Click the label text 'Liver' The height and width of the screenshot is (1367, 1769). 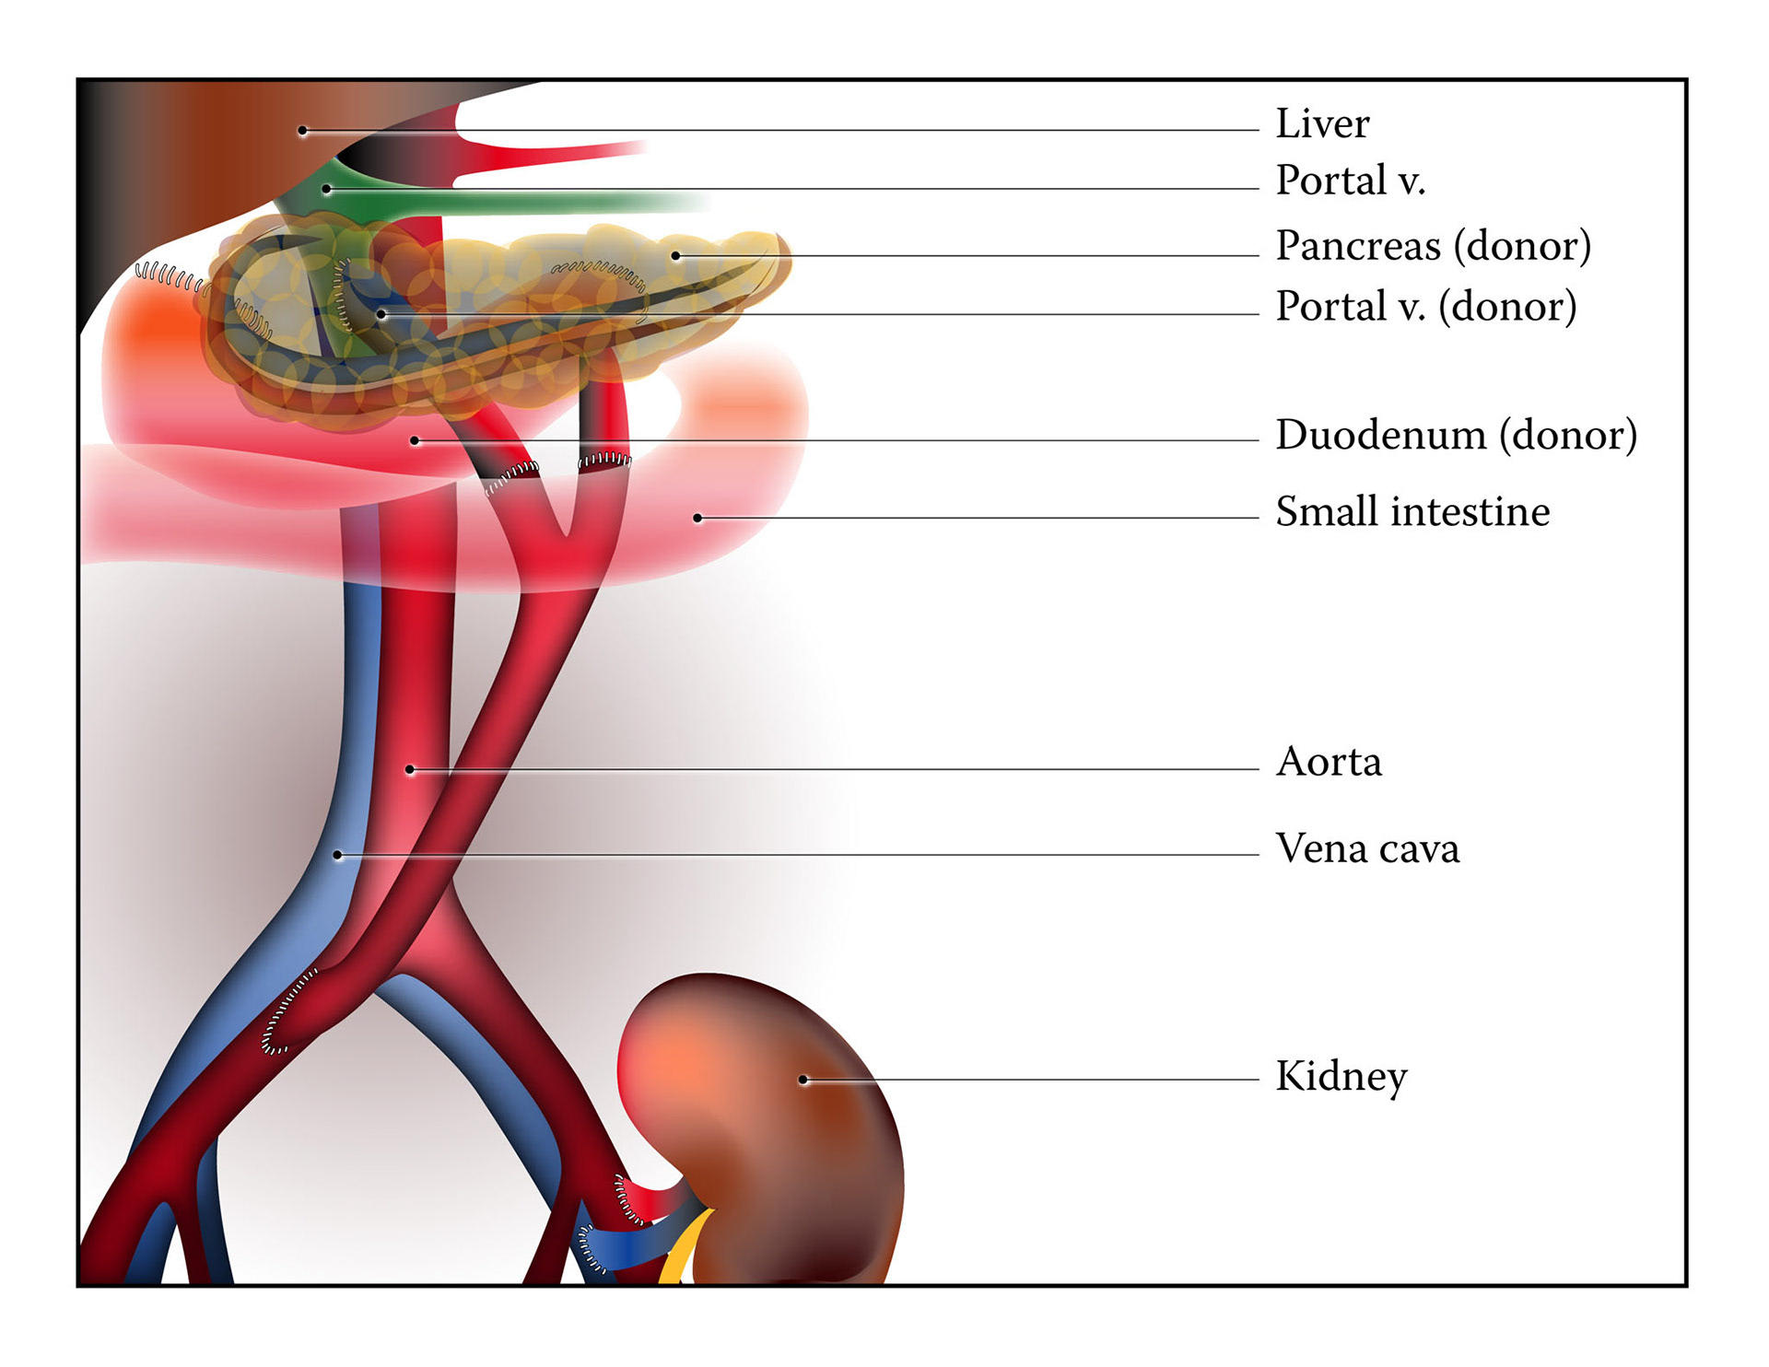click(x=1322, y=124)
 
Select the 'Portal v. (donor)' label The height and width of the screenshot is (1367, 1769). click(x=1425, y=307)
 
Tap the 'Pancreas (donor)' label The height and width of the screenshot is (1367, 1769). click(x=1433, y=246)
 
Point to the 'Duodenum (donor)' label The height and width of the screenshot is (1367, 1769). click(x=1456, y=435)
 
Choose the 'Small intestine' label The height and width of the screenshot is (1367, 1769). click(x=1412, y=512)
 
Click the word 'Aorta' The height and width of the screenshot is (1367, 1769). click(x=1329, y=763)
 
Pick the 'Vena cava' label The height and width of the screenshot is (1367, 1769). click(x=1367, y=848)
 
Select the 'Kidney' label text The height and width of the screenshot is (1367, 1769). click(x=1341, y=1076)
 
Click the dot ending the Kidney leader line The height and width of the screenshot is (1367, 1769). click(x=803, y=1080)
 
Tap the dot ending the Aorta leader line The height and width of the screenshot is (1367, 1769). click(x=410, y=769)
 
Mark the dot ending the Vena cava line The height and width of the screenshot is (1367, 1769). click(x=338, y=855)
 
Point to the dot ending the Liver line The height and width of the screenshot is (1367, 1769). click(x=302, y=131)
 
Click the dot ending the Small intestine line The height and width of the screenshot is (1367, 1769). click(x=697, y=518)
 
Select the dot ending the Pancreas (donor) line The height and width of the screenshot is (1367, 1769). click(x=675, y=255)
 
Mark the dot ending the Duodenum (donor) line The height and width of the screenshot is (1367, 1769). click(x=415, y=441)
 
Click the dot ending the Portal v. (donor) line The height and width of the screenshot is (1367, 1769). click(x=381, y=314)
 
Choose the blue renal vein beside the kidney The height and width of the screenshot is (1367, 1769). click(x=636, y=1245)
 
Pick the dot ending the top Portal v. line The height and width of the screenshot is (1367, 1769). click(x=326, y=189)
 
